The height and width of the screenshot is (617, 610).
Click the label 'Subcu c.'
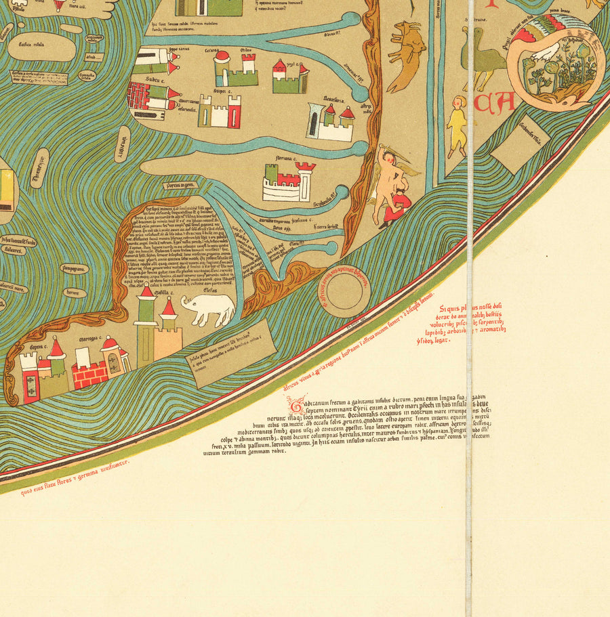[x=155, y=79]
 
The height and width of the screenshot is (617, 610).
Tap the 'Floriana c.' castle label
[x=285, y=158]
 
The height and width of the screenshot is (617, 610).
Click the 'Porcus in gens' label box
[x=180, y=185]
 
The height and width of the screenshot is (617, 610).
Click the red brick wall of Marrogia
[x=89, y=374]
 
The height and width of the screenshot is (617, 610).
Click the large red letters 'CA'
[x=495, y=104]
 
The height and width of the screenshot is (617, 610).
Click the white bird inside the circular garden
[x=546, y=53]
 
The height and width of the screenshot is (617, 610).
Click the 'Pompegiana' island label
[x=75, y=268]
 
